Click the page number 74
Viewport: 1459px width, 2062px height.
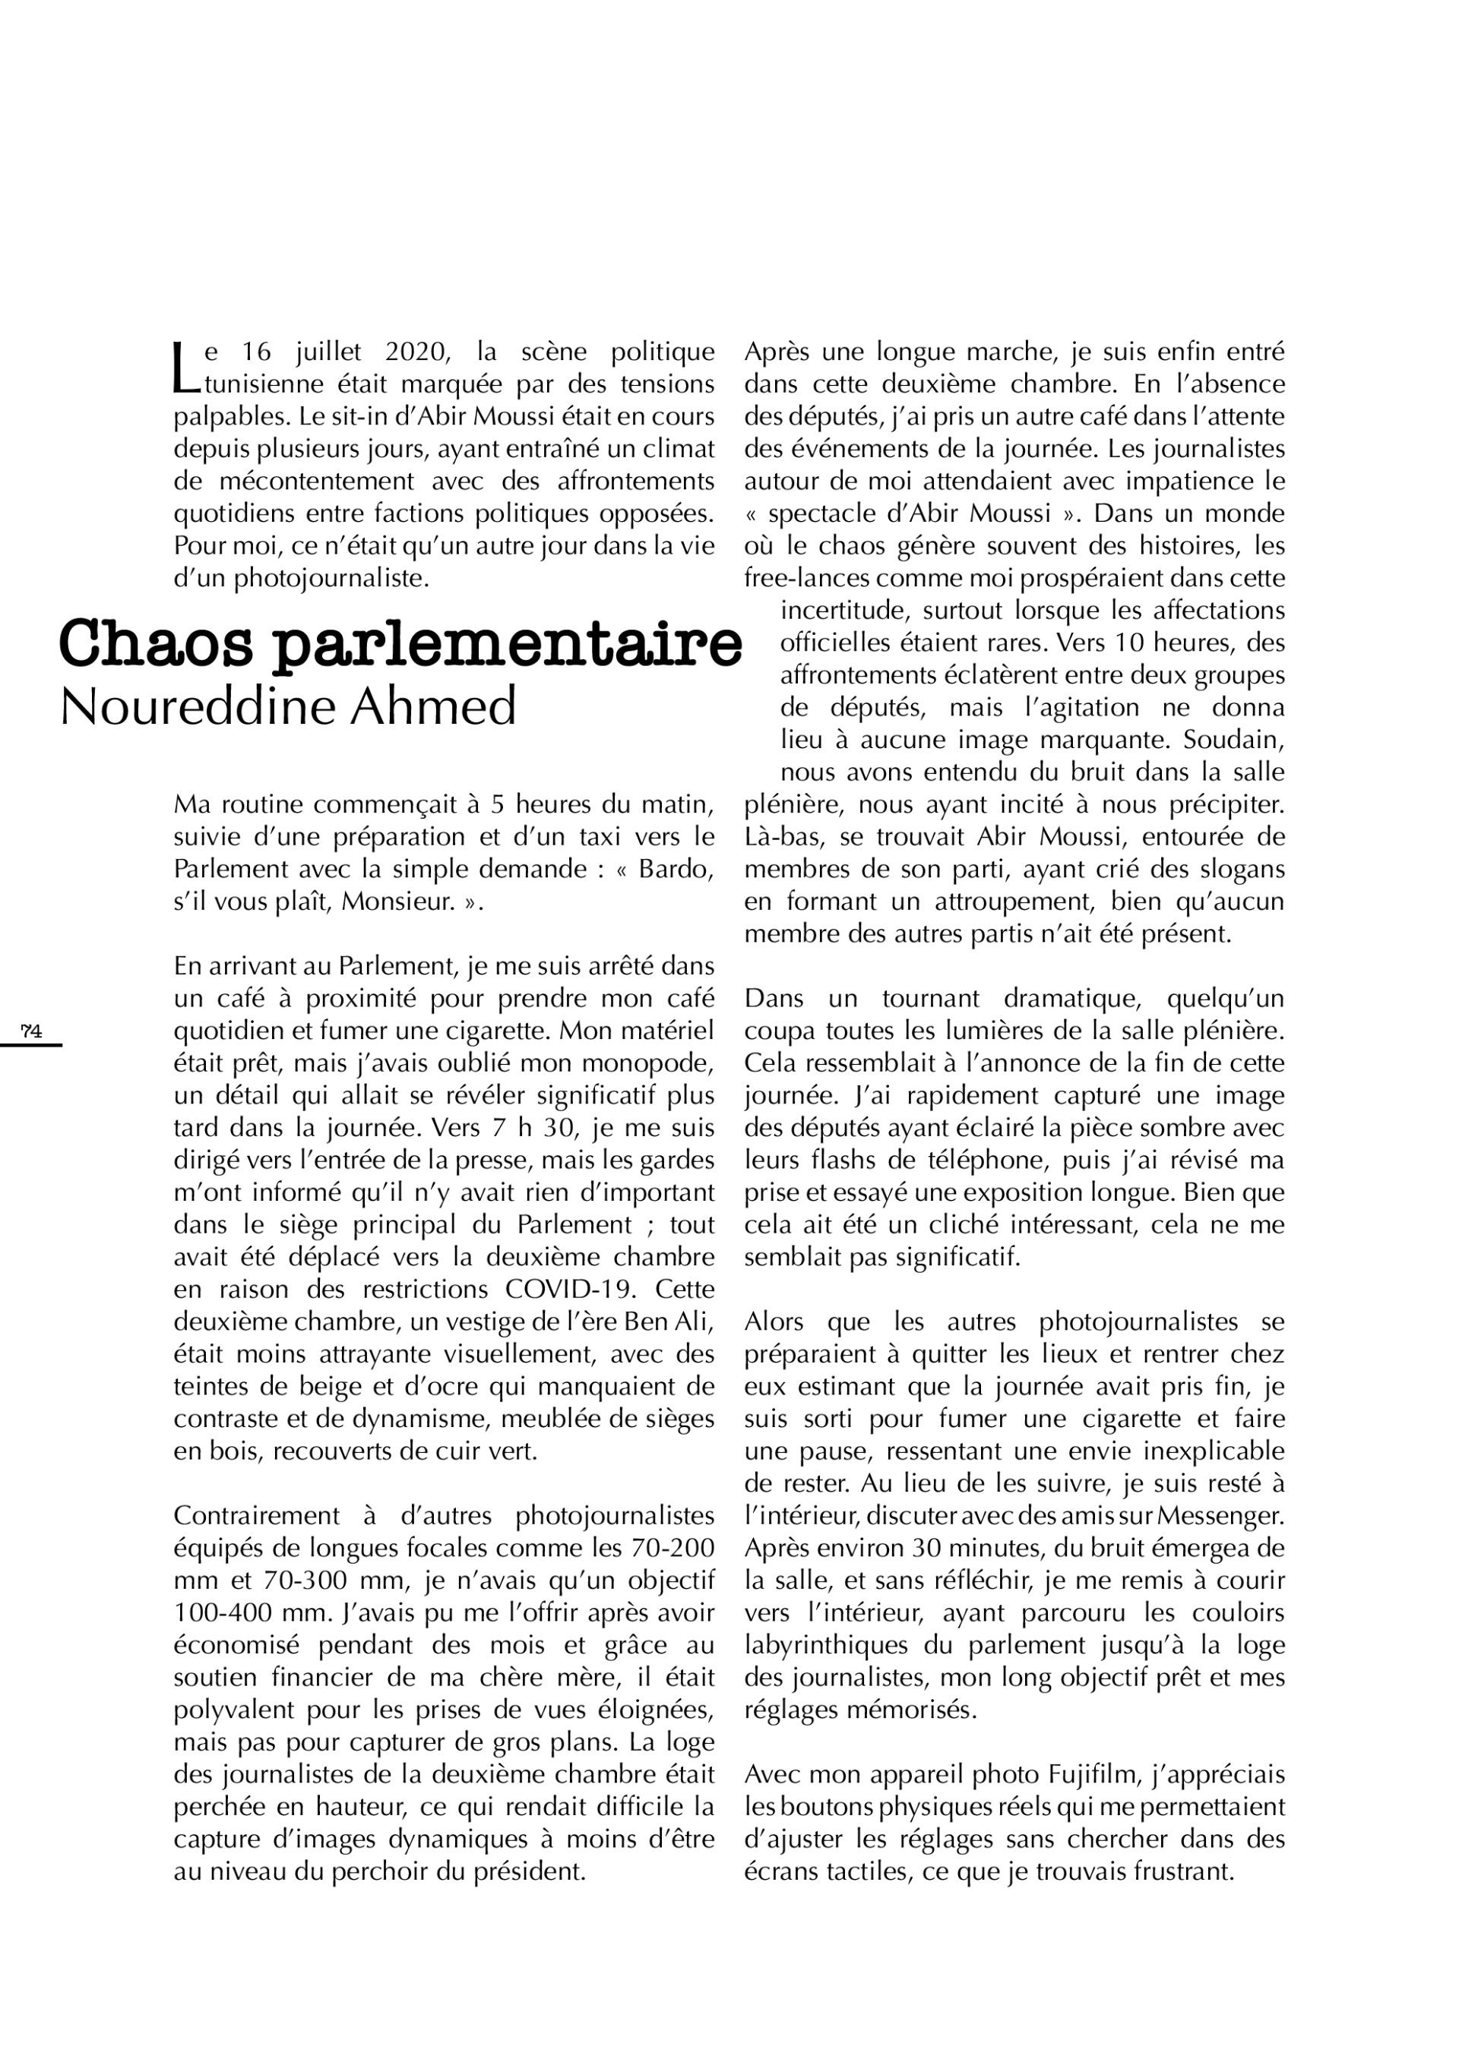(31, 1031)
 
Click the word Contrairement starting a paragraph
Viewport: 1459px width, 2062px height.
(256, 1516)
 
